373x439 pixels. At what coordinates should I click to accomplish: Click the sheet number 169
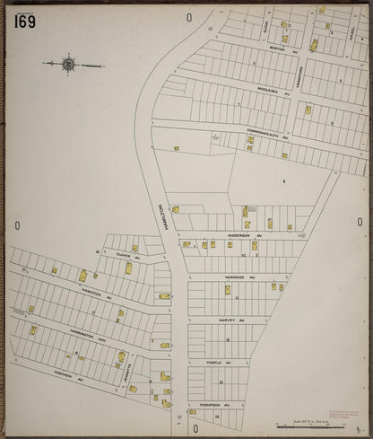coord(24,22)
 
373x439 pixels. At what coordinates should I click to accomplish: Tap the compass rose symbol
coord(69,64)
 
